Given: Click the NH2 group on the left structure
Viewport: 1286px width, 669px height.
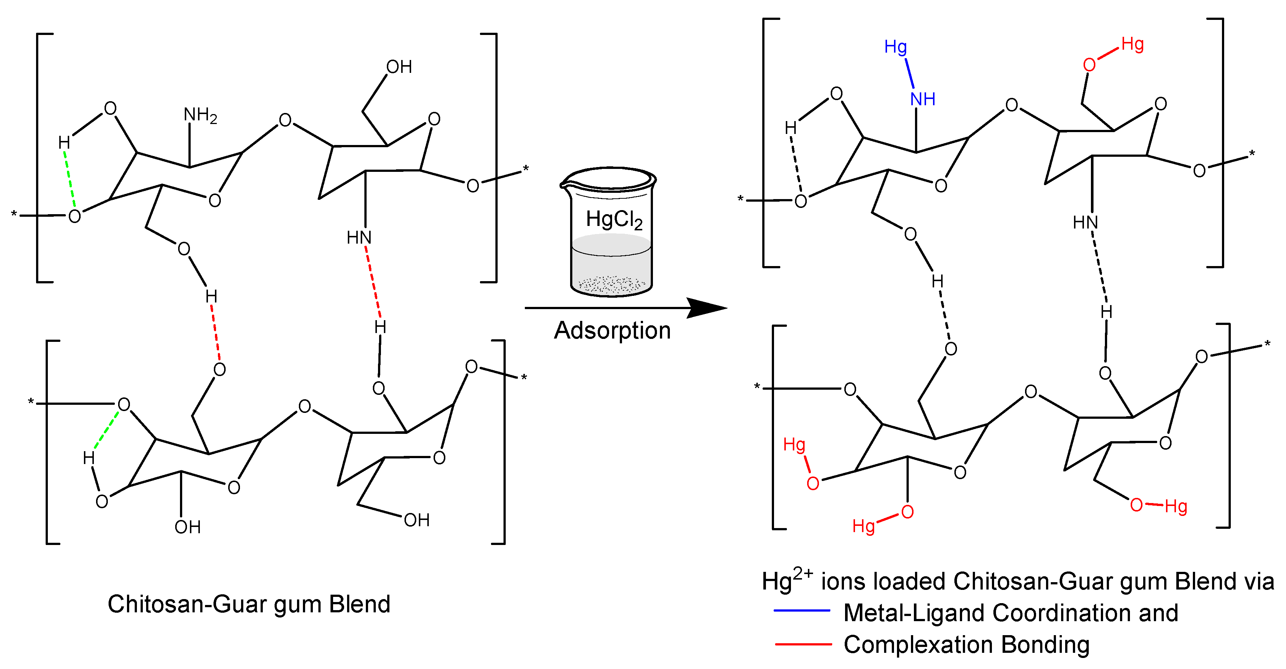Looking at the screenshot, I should [200, 115].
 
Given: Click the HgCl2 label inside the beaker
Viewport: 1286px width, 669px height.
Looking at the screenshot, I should [614, 219].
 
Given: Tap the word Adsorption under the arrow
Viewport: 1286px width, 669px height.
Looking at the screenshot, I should [612, 330].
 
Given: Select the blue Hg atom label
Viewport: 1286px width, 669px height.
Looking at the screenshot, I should [895, 47].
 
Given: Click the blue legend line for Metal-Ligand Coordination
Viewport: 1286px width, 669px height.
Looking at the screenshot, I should [801, 610].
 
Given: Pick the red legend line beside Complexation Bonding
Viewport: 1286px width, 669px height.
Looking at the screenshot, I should [803, 645].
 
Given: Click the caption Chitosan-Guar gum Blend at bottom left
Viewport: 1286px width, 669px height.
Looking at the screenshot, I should [248, 604].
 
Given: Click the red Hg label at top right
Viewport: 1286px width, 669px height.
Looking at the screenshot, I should [1132, 45].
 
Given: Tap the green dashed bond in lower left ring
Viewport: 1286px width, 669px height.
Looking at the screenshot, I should [106, 430].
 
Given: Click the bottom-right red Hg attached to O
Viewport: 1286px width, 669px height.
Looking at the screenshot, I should [1175, 507].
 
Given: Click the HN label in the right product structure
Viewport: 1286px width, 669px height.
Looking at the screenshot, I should [1085, 222].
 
